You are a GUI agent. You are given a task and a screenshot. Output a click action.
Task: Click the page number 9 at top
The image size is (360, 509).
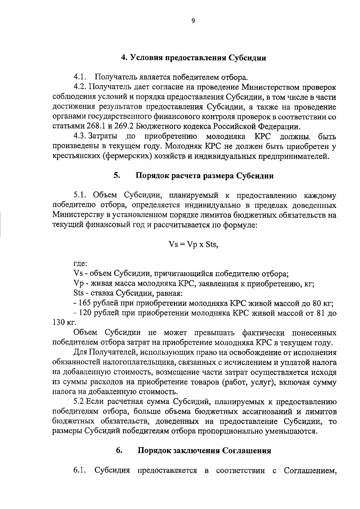pyautogui.click(x=193, y=21)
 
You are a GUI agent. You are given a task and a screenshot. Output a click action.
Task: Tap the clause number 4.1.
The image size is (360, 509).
pyautogui.click(x=80, y=77)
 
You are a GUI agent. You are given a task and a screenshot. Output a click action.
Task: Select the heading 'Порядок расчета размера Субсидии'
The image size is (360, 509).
pyautogui.click(x=205, y=176)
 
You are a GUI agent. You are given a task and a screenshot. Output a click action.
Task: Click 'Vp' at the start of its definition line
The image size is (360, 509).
pyautogui.click(x=79, y=283)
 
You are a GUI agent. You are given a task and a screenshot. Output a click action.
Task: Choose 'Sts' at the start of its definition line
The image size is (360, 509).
pyautogui.click(x=79, y=293)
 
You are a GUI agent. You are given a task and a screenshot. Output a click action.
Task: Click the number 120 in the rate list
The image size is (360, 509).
pyautogui.click(x=85, y=313)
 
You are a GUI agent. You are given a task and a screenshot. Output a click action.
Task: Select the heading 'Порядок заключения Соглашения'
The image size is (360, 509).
pyautogui.click(x=204, y=451)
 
